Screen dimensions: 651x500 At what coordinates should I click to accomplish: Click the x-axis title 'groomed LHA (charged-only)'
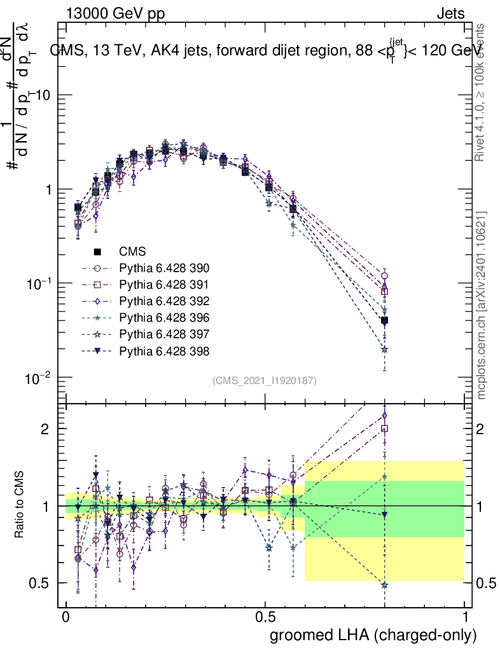point(374,635)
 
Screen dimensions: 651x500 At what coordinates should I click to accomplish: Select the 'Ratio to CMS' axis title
point(20,505)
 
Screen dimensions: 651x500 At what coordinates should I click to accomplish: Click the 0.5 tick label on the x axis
point(265,617)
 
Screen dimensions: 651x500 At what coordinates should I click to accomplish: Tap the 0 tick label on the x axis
point(66,617)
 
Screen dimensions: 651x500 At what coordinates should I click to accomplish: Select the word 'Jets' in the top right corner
point(450,13)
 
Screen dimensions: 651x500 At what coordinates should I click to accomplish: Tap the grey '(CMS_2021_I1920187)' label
point(265,380)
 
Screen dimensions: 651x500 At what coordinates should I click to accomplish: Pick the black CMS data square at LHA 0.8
point(384,320)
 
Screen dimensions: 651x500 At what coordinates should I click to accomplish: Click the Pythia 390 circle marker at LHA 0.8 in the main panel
point(384,275)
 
